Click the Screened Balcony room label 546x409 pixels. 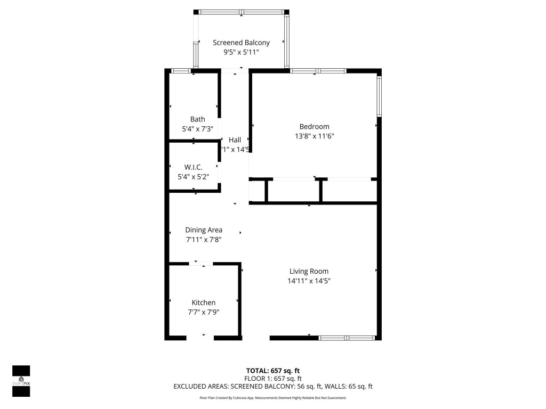[x=241, y=43]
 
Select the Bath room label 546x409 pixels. [x=197, y=119]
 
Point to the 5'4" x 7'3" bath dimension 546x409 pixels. [x=197, y=128]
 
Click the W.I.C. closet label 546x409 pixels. [x=193, y=167]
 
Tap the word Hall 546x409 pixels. [x=235, y=140]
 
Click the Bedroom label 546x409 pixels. [x=314, y=127]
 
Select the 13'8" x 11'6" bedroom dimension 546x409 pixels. [x=314, y=136]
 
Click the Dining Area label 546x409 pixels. [x=204, y=230]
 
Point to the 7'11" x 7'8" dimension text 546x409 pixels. [x=204, y=240]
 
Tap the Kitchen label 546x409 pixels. [x=204, y=302]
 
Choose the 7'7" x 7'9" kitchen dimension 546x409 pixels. [x=204, y=312]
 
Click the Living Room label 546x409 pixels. [x=309, y=271]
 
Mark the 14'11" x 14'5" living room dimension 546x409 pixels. [x=309, y=281]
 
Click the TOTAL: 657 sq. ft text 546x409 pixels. [x=272, y=371]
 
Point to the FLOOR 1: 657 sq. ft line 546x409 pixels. [x=272, y=379]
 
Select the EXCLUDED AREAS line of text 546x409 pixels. [x=272, y=387]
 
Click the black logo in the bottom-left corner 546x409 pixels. [x=21, y=381]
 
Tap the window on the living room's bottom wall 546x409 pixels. [x=347, y=338]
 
